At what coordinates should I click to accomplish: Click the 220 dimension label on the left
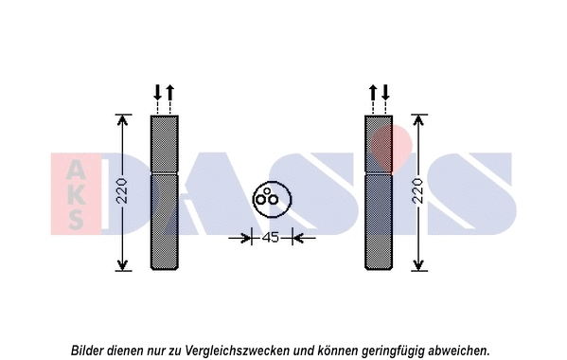click(123, 190)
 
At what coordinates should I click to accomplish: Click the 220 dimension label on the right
click(418, 190)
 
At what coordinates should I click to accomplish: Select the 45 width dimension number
click(271, 238)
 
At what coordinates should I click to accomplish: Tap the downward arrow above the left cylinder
click(158, 92)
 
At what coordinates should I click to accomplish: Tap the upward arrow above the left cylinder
click(170, 92)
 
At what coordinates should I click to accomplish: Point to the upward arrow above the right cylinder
click(373, 92)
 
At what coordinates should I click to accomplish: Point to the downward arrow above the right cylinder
click(385, 92)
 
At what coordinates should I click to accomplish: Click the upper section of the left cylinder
click(164, 144)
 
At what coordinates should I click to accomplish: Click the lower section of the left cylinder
click(164, 222)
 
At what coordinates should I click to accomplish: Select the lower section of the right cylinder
click(379, 222)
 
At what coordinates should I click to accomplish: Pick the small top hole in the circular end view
click(267, 190)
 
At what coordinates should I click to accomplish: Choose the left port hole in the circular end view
click(261, 199)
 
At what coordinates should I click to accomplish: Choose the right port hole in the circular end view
click(273, 199)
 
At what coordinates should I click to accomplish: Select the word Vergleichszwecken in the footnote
click(238, 351)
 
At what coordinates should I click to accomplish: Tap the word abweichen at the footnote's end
click(459, 351)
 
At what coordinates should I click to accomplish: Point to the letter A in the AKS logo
click(76, 170)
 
